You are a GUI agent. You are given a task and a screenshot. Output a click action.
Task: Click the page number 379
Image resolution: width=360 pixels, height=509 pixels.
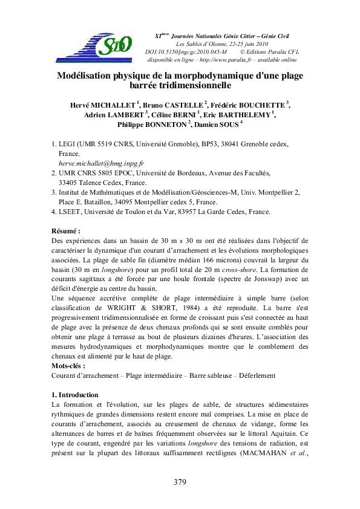pyautogui.click(x=180, y=482)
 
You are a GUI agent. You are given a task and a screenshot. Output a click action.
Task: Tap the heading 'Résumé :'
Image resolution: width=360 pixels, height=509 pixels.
pyautogui.click(x=66, y=231)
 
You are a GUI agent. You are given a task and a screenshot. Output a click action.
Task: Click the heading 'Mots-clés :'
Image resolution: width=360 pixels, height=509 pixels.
pyautogui.click(x=68, y=366)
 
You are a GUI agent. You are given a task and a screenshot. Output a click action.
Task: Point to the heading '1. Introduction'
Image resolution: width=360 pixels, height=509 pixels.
pyautogui.click(x=76, y=395)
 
